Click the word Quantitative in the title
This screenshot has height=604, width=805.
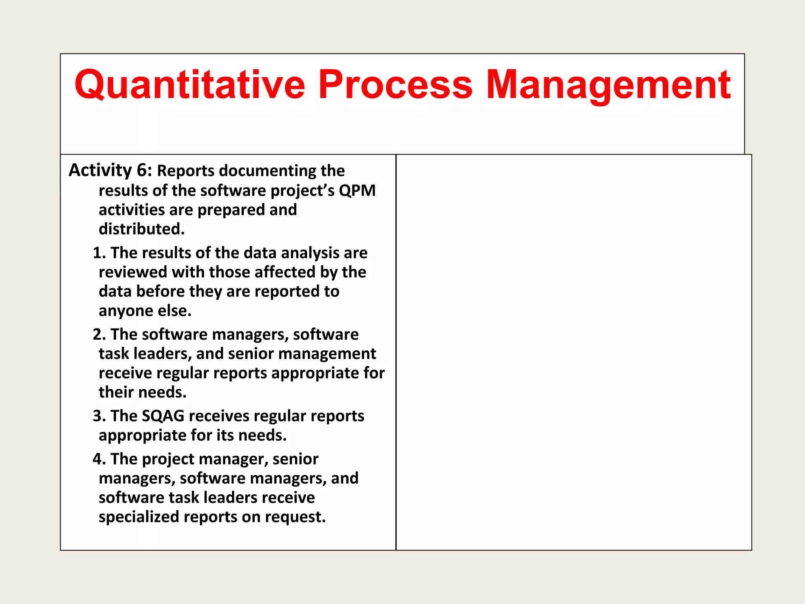[x=190, y=85]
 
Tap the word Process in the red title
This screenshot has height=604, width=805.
[x=395, y=85]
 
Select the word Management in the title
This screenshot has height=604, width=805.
[x=608, y=85]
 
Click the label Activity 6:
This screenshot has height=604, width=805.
[x=110, y=170]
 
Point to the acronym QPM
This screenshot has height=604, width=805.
[x=357, y=190]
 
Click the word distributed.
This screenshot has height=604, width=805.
[x=141, y=229]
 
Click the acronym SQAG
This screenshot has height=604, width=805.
[x=163, y=416]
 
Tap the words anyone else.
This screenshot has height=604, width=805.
[x=145, y=311]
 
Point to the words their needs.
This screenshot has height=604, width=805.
[x=142, y=392]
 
